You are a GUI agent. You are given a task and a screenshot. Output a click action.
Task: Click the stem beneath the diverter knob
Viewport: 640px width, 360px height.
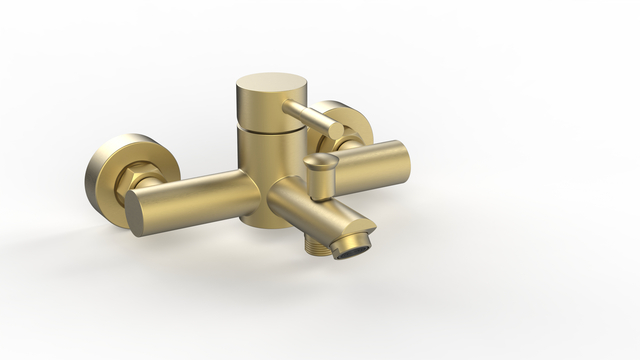(320, 184)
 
